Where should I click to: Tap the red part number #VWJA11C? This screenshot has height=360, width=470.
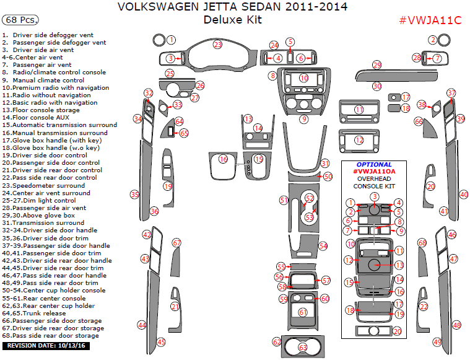pyautogui.click(x=430, y=20)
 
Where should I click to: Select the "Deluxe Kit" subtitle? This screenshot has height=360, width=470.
pyautogui.click(x=232, y=20)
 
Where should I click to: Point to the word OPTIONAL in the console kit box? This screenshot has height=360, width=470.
pyautogui.click(x=374, y=165)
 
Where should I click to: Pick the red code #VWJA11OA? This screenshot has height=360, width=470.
pyautogui.click(x=374, y=172)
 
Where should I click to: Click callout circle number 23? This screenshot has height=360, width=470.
pyautogui.click(x=218, y=45)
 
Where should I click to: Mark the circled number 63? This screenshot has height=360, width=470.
pyautogui.click(x=302, y=348)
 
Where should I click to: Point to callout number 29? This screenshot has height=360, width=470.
pyautogui.click(x=376, y=65)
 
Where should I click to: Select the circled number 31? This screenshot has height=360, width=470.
pyautogui.click(x=324, y=163)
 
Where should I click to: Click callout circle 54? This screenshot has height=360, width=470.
pyautogui.click(x=323, y=246)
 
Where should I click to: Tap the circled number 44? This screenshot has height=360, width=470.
pyautogui.click(x=142, y=325)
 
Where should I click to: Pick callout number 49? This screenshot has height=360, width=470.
pyautogui.click(x=437, y=341)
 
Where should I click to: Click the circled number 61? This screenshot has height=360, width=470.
pyautogui.click(x=302, y=312)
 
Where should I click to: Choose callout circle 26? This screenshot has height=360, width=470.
pyautogui.click(x=200, y=85)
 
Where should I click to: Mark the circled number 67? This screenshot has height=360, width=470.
pyautogui.click(x=176, y=243)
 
